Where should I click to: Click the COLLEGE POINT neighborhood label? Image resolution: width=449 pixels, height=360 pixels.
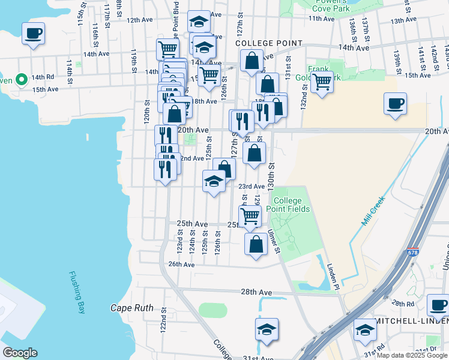click(x=268, y=43)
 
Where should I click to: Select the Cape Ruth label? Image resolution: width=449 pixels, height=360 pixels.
click(x=130, y=308)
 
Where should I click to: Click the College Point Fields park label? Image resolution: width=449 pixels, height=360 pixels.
click(x=292, y=205)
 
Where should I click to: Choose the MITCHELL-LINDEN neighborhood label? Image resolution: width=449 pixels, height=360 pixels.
click(x=411, y=322)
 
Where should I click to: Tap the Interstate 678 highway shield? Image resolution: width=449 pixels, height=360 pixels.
click(x=412, y=254)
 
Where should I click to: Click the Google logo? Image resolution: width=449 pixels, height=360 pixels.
click(x=20, y=352)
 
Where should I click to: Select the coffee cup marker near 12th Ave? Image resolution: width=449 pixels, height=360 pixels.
click(x=34, y=34)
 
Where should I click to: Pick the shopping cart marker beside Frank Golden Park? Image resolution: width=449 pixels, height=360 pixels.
click(x=322, y=82)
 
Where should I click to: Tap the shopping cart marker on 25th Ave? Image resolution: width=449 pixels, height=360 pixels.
click(x=250, y=216)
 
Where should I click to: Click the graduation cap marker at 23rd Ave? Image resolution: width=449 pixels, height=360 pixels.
click(x=214, y=182)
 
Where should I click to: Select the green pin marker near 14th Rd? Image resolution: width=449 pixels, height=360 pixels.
click(x=21, y=79)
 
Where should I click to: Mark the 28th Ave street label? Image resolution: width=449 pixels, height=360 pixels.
click(x=257, y=292)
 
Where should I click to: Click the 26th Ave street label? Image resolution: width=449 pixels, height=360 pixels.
click(x=181, y=264)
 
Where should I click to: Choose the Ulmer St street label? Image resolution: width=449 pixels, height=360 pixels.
click(x=274, y=240)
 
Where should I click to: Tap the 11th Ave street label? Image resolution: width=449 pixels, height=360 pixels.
click(x=321, y=19)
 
